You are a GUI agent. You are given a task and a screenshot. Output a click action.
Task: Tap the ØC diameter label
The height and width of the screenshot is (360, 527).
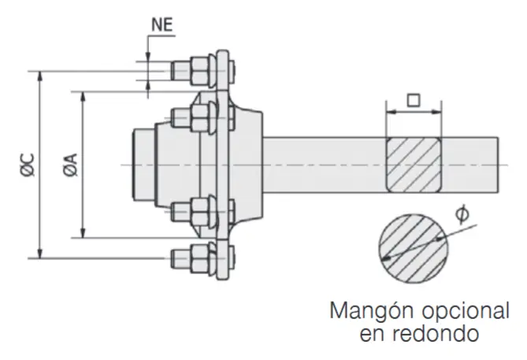(25, 163)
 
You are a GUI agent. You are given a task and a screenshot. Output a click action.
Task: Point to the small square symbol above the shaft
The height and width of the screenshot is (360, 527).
(412, 101)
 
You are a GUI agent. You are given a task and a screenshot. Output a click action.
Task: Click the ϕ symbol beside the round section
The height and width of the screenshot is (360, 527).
(463, 214)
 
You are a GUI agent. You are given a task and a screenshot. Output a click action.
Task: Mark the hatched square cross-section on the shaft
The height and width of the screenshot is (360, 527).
(412, 164)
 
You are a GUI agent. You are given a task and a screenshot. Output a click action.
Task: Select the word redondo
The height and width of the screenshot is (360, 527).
(440, 333)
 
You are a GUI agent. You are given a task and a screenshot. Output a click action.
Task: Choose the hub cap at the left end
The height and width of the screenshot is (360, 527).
(142, 164)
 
